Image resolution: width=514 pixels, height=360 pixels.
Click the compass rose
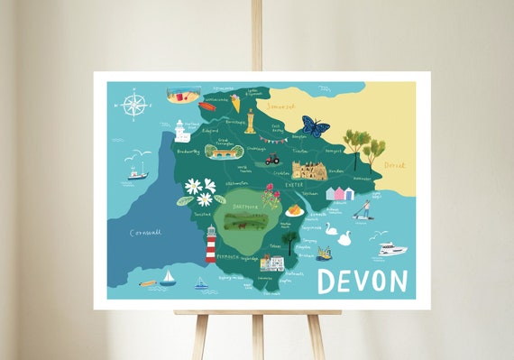click(x=135, y=104)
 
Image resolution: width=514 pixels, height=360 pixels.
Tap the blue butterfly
click(x=315, y=125)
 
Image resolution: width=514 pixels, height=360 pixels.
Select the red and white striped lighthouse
click(x=211, y=244)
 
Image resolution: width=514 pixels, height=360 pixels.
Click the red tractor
click(x=271, y=158)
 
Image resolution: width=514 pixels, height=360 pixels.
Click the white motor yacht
click(x=391, y=248)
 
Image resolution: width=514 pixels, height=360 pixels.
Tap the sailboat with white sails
click(x=168, y=277)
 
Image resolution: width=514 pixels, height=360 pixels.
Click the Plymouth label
click(x=227, y=256)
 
